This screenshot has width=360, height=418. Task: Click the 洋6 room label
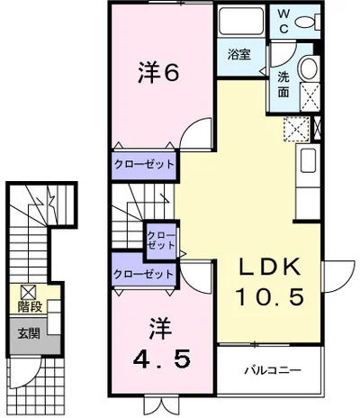pos(159,73)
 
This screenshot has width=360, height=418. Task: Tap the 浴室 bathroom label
pos(238,54)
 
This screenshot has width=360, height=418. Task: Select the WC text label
pos(283,20)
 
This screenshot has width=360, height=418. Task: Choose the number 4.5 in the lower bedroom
pos(161,359)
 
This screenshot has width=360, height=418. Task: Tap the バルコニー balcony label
pos(271,370)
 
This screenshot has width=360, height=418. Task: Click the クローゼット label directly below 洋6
pos(143,165)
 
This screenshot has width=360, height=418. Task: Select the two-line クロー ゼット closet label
pos(161,238)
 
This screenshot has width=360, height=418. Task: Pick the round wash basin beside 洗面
pos(308,68)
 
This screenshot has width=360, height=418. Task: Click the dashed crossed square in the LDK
pos(295,129)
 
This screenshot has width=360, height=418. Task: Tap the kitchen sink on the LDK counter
pos(307,163)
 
